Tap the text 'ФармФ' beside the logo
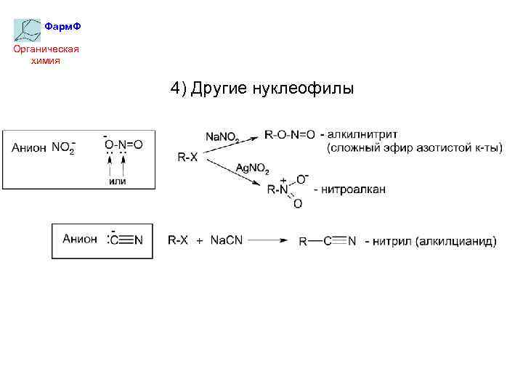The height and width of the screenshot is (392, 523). coord(62,26)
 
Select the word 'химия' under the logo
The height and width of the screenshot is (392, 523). coord(46,60)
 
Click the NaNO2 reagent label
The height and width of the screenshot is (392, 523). coord(222,136)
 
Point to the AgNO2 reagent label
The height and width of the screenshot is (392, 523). coord(252,168)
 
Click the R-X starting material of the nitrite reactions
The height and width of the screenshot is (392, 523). coord(187,157)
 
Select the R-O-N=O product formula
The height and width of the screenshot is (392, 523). coord(290,134)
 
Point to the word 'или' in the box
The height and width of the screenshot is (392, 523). coord(117,181)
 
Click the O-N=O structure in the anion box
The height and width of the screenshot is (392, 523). coord(123,144)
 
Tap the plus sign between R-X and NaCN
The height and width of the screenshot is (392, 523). coord(199,241)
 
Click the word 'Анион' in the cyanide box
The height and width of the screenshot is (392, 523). coord(80,239)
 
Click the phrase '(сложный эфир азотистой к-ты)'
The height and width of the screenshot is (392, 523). coord(413,148)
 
